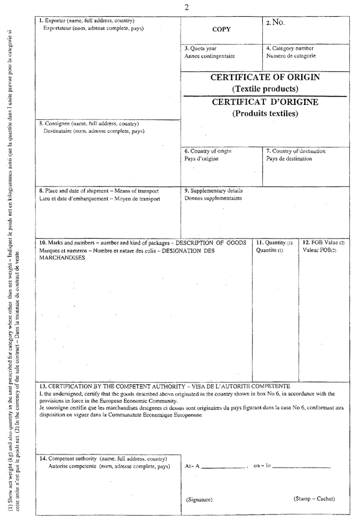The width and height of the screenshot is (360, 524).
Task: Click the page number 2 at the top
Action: [x=187, y=7]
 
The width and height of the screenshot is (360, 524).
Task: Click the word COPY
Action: [x=222, y=29]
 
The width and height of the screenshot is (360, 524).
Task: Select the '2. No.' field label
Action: [x=275, y=23]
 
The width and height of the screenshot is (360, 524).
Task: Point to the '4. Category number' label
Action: [x=290, y=48]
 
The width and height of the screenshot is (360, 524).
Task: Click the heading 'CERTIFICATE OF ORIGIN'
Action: [x=265, y=77]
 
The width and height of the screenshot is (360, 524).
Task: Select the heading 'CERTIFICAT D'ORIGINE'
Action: [x=265, y=102]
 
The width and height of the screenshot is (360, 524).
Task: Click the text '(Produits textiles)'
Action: [x=265, y=113]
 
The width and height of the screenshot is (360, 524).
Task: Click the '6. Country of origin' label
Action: [x=208, y=151]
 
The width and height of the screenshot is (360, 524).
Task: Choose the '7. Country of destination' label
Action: [x=296, y=151]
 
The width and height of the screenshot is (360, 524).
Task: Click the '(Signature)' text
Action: [x=199, y=499]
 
